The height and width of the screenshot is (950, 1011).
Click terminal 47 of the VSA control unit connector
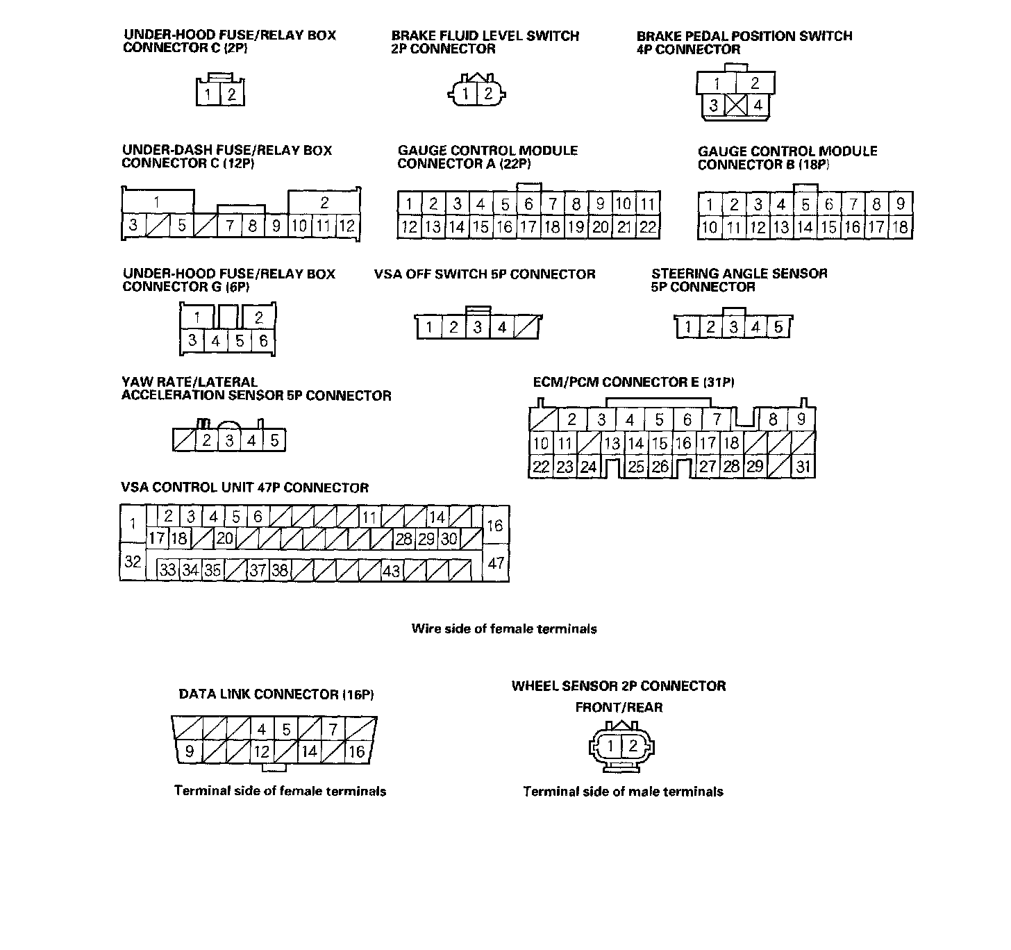(495, 562)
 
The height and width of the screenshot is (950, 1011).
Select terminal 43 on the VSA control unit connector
(392, 570)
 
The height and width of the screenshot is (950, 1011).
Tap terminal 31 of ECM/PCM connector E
(803, 467)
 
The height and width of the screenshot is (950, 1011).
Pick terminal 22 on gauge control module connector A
(648, 226)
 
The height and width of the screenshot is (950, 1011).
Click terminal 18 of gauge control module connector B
(900, 227)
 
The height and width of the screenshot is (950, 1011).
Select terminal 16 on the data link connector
(356, 751)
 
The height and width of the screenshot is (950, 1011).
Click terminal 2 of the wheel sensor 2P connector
(633, 747)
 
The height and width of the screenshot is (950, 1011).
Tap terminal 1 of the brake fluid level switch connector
(467, 94)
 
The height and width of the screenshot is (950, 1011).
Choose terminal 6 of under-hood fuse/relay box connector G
(263, 341)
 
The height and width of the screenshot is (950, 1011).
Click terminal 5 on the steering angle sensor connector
(778, 327)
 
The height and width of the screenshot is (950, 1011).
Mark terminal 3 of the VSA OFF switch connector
(477, 327)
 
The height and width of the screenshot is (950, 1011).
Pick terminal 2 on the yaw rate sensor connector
(206, 440)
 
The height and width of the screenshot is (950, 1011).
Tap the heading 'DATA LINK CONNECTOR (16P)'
(276, 694)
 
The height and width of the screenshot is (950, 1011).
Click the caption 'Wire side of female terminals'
(504, 629)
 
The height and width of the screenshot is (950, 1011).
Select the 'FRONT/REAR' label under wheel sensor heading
(619, 708)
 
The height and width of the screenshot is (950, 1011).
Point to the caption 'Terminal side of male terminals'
(623, 792)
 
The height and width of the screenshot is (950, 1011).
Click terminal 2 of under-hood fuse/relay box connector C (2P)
(232, 94)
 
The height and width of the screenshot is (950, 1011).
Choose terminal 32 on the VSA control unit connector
(133, 561)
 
